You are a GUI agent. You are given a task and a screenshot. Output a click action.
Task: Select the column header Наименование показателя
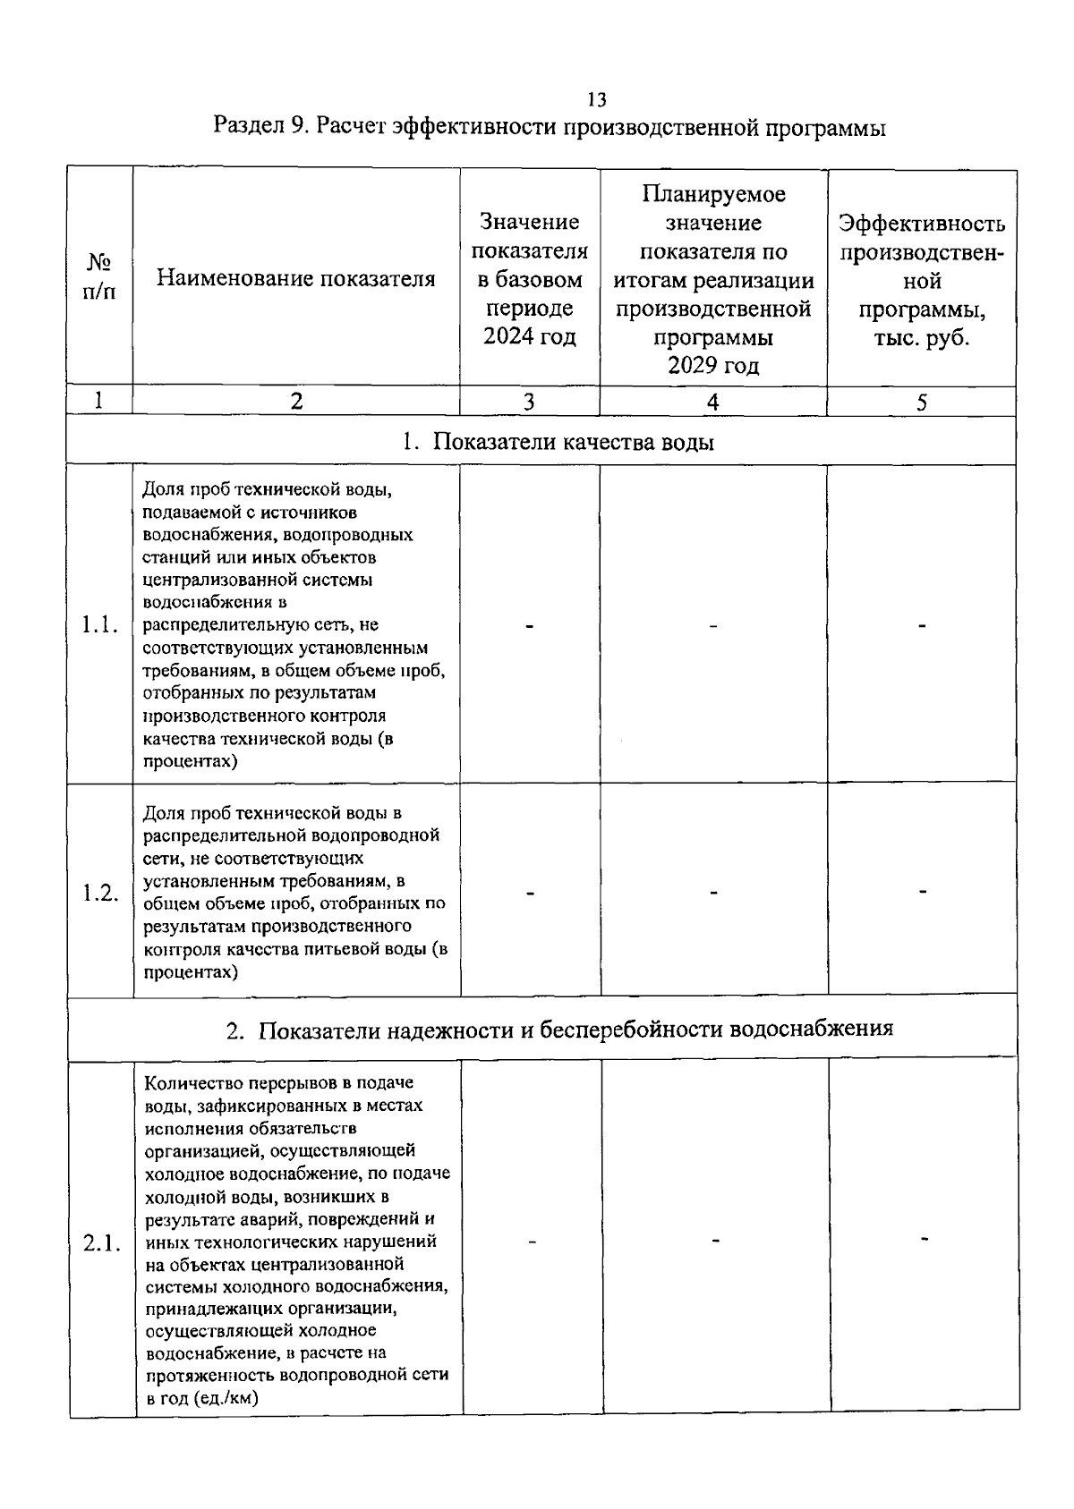pos(296,279)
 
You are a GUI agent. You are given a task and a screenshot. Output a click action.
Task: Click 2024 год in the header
pos(530,337)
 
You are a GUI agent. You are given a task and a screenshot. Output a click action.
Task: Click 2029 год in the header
pos(713,366)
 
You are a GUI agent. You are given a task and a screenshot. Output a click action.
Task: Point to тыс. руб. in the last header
pos(922,339)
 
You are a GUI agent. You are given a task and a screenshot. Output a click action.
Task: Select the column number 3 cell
pos(529,403)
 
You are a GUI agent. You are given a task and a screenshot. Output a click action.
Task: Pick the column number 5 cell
pos(921,403)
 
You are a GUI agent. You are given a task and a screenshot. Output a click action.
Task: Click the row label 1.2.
pos(100,893)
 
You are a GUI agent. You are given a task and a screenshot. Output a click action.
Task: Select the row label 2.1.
pos(102,1243)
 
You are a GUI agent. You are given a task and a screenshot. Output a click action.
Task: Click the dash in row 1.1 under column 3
pos(530,626)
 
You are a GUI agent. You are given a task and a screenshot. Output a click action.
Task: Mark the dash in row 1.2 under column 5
pos(923,891)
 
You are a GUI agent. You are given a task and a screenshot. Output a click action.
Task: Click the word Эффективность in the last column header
pos(922,224)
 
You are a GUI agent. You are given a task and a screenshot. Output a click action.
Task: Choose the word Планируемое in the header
pos(713,194)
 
